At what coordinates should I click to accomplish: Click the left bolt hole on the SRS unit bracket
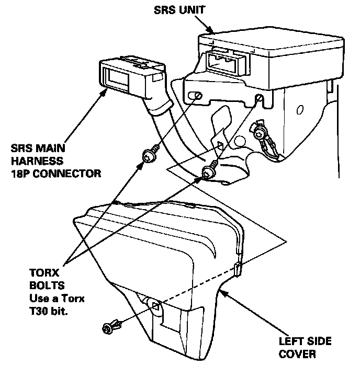coord(196,97)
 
